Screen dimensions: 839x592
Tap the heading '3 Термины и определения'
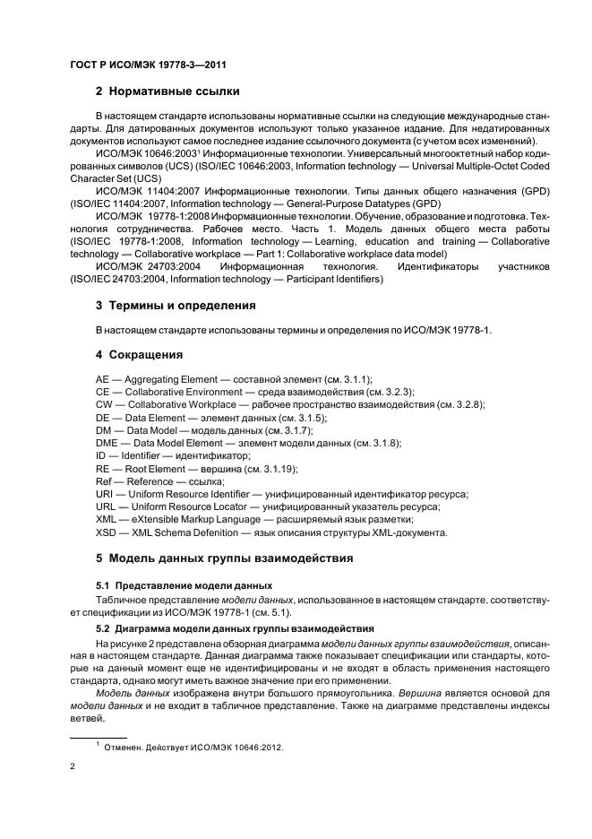pos(176,306)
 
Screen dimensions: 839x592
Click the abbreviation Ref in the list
pos(105,481)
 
